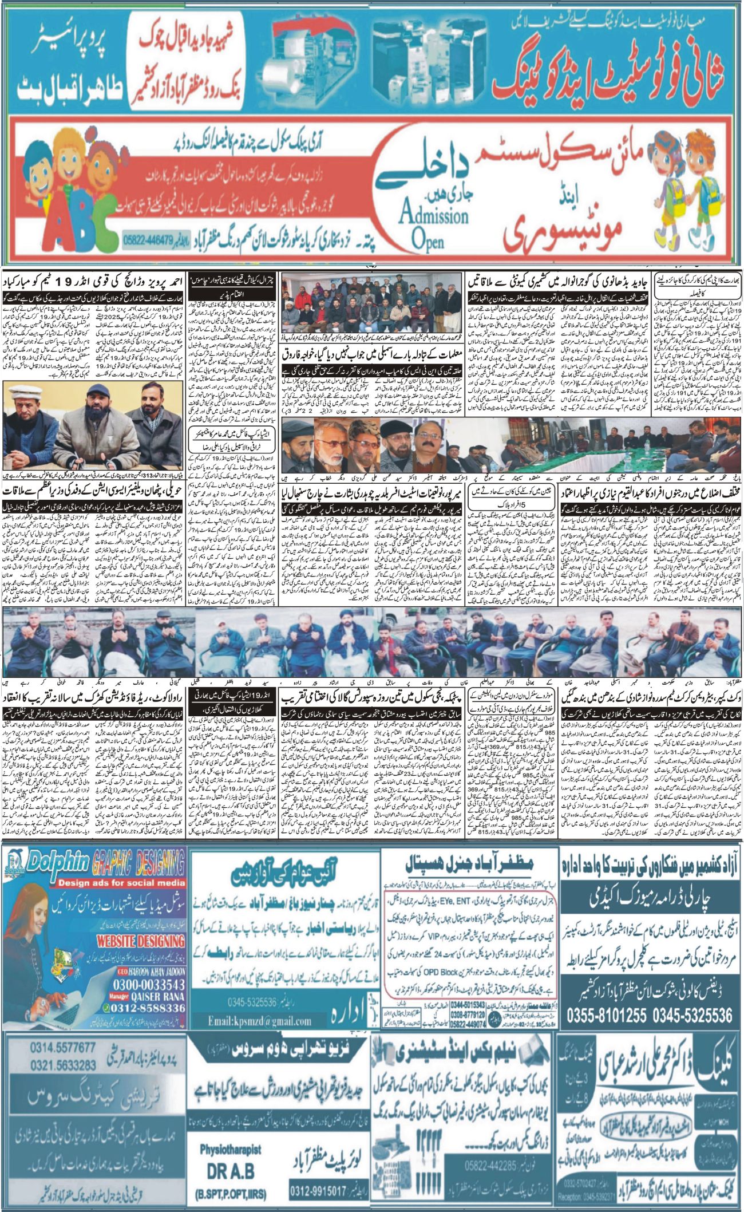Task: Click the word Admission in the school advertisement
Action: tap(434, 216)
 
